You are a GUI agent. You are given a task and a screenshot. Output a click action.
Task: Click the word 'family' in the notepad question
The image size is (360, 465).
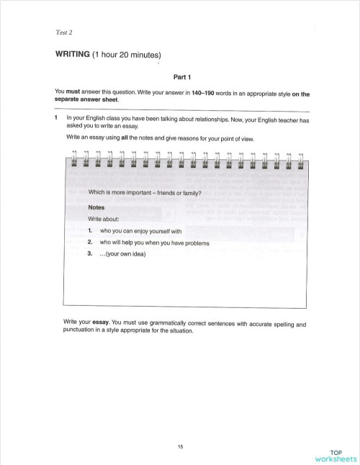coord(188,192)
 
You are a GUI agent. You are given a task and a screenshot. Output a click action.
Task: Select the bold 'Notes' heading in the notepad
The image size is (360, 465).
coord(96,207)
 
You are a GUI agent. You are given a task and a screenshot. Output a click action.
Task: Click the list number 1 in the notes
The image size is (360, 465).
coord(91,230)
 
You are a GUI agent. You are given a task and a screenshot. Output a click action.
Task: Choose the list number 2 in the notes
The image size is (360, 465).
coord(91,243)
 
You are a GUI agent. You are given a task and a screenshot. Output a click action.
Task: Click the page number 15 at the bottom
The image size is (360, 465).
coord(181,447)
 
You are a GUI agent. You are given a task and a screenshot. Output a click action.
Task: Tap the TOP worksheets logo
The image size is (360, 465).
coord(335,455)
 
